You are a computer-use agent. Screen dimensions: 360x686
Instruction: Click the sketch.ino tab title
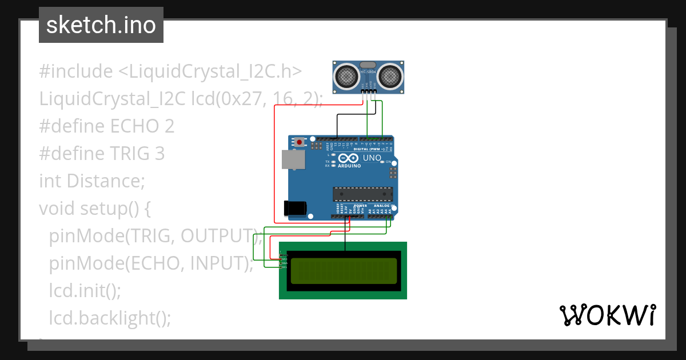101,25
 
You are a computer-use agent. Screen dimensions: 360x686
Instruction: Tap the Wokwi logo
607,315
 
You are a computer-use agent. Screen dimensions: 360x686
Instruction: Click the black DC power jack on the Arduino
295,208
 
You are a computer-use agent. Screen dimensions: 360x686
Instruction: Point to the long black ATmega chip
363,194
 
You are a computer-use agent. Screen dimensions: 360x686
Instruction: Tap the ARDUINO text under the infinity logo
349,166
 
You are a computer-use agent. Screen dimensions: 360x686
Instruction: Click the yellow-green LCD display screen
344,271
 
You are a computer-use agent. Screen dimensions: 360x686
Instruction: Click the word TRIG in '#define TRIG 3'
130,153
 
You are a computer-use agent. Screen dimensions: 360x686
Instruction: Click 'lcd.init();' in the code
85,290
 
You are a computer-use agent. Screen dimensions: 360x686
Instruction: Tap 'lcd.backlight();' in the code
110,318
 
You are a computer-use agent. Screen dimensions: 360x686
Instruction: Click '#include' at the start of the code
76,71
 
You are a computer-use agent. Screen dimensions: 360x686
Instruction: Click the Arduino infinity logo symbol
349,158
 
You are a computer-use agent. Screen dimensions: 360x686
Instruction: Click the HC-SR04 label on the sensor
369,71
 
